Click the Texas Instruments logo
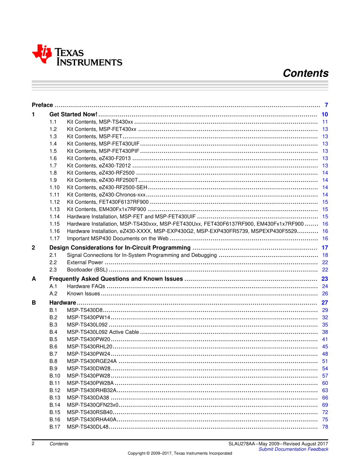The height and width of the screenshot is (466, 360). point(77,55)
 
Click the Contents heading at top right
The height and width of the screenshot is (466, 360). point(305,73)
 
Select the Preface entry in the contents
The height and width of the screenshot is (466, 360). point(42,105)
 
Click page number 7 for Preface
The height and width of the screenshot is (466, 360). point(326,105)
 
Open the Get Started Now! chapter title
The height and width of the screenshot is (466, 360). point(74,114)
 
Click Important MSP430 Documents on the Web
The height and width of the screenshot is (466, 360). point(117,239)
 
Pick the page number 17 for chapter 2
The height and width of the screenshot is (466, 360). point(325,248)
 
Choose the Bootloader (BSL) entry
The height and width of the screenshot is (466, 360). point(87,270)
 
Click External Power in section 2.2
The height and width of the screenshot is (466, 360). point(85,263)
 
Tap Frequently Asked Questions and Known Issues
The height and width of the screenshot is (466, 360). point(116,279)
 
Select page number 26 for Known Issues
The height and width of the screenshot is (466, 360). point(325,294)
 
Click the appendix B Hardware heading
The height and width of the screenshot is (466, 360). point(63,303)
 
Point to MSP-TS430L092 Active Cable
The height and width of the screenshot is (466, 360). point(103,332)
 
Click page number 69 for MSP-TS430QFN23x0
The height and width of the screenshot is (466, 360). point(325,405)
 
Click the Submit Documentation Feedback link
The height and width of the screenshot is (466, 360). point(293,449)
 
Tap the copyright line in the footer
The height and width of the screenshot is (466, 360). point(180,453)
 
